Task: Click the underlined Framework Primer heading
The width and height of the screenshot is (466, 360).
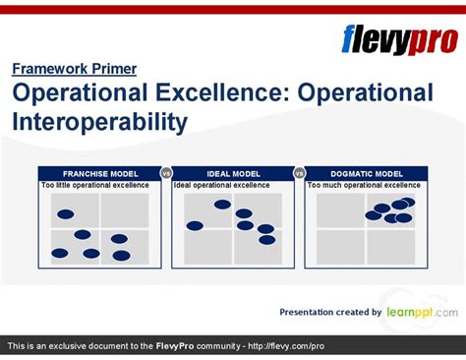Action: coord(74,69)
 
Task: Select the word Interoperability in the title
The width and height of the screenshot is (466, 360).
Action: coord(99,122)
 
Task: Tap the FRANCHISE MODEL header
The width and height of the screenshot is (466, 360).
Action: coord(99,173)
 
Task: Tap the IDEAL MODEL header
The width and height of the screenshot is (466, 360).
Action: coord(232,173)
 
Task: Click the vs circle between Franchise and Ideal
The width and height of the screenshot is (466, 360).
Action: coord(166,173)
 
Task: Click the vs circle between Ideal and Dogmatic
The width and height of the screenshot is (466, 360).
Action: coord(299,173)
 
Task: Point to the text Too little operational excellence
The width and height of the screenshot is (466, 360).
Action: coord(95,185)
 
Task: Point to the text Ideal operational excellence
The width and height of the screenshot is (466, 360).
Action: coord(221,185)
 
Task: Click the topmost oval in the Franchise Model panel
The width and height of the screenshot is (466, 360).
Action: coord(65,214)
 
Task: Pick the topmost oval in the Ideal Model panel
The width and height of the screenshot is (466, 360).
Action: coord(222,205)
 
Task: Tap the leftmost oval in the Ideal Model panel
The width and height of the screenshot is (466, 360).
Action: coord(195,226)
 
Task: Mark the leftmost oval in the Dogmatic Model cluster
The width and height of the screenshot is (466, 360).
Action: coord(374,215)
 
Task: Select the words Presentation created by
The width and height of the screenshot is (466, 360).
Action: coord(330,313)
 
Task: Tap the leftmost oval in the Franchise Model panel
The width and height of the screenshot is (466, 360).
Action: coord(60,253)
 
